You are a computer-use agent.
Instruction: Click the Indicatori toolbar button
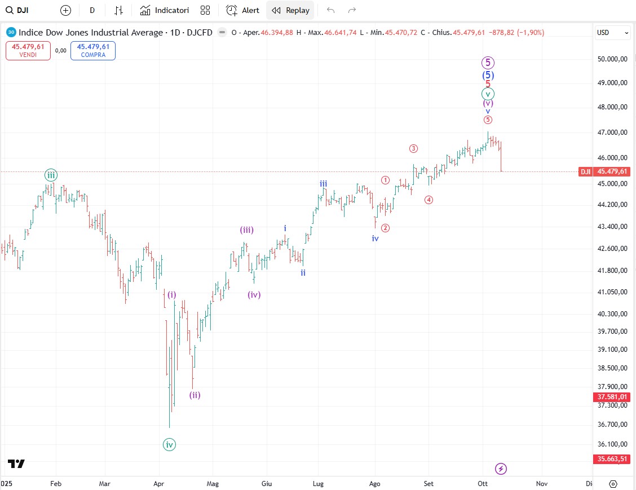tap(165, 10)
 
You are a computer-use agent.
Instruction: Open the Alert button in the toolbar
tap(243, 10)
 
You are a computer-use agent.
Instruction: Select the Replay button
tap(291, 10)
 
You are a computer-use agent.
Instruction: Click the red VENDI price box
tap(28, 51)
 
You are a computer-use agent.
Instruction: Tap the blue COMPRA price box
tap(93, 51)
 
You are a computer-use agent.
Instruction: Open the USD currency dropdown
tap(613, 33)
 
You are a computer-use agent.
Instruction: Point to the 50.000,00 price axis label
tap(612, 59)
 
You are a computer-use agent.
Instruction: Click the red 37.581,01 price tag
tap(612, 397)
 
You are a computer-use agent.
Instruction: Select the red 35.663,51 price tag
tap(612, 459)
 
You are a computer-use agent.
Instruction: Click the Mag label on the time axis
tap(212, 483)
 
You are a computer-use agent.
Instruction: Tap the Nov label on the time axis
tap(542, 483)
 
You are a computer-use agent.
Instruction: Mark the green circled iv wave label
tap(169, 445)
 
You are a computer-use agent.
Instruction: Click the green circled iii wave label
tap(51, 175)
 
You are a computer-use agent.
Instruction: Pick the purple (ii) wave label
tap(195, 395)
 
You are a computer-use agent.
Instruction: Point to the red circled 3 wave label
tap(413, 149)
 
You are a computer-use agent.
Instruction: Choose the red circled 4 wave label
tap(429, 200)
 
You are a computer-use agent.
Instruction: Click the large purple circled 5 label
tap(488, 63)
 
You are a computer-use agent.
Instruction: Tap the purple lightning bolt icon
tap(501, 469)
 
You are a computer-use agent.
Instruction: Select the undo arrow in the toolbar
tap(330, 10)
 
